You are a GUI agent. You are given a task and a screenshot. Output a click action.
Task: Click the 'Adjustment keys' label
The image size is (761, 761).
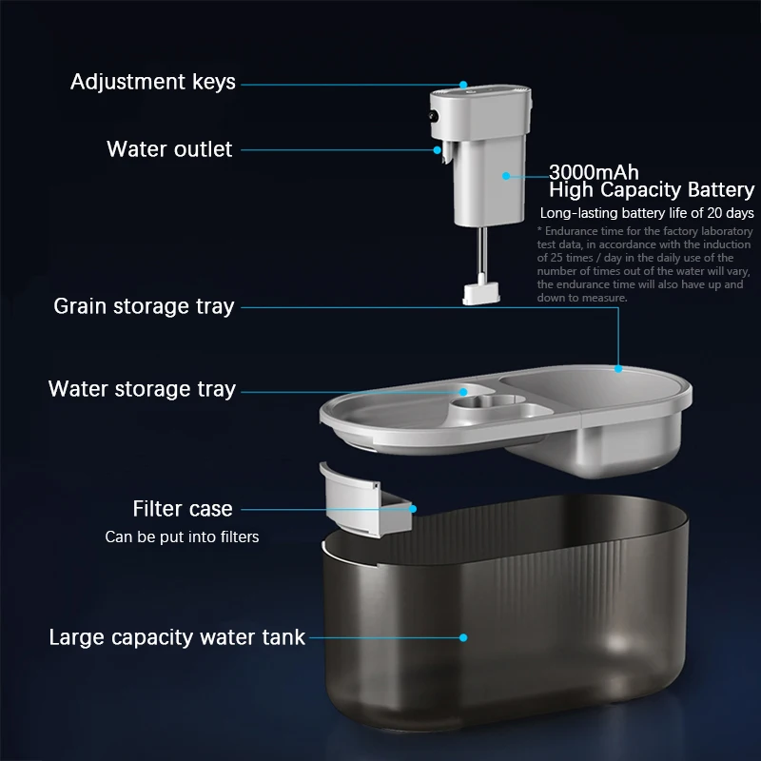pos(153,82)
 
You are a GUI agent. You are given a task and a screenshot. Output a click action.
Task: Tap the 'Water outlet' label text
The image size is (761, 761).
pos(169,149)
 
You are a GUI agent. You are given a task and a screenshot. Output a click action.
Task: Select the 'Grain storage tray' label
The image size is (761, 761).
pos(145,306)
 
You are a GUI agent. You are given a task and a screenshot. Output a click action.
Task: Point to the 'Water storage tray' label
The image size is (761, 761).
pos(142,389)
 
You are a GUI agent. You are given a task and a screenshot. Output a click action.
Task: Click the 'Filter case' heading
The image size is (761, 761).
pos(183,509)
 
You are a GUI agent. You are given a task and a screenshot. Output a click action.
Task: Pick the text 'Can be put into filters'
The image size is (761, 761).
pos(182,537)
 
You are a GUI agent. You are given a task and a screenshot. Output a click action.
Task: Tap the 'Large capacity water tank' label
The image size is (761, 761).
pos(177,637)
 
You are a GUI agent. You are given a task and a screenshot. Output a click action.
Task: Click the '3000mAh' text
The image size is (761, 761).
pos(594,172)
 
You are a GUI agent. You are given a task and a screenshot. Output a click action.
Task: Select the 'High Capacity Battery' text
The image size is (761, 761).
pos(652,189)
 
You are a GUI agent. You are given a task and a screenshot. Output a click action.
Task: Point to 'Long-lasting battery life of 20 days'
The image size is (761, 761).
pos(647,213)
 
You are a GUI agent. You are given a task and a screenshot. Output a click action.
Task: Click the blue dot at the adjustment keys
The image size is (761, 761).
pos(463,85)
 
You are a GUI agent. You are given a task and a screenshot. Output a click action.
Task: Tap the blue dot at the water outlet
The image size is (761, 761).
pos(438,150)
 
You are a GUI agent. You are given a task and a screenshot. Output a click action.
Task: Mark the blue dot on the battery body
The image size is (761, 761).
pos(506,176)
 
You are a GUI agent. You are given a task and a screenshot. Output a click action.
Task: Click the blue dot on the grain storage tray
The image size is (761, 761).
pos(618,369)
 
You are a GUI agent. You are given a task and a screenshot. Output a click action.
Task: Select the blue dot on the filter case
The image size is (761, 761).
pos(413,509)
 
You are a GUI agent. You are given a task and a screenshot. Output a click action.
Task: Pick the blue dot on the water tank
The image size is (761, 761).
pos(463,637)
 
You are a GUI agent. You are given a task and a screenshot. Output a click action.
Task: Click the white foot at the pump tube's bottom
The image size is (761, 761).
pos(481,294)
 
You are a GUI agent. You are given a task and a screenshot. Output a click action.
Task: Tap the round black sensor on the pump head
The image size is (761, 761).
pos(433,116)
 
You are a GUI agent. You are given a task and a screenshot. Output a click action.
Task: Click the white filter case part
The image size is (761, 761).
pos(365,501)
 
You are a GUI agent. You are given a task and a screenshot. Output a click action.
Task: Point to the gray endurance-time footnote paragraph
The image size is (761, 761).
pos(644,264)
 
